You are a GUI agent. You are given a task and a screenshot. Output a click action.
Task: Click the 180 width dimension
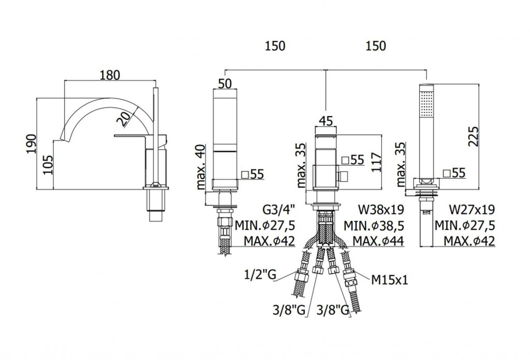pyautogui.click(x=110, y=75)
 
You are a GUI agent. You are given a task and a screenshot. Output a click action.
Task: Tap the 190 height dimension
pyautogui.click(x=31, y=143)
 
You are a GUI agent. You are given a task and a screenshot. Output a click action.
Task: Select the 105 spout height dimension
pyautogui.click(x=48, y=165)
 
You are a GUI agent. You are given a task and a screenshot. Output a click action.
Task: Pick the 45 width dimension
pyautogui.click(x=326, y=121)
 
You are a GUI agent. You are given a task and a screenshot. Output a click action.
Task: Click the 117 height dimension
pyautogui.click(x=376, y=163)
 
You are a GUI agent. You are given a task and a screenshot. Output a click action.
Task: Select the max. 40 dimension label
pyautogui.click(x=200, y=166)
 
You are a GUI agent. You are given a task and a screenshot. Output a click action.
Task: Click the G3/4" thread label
pyautogui.click(x=279, y=210)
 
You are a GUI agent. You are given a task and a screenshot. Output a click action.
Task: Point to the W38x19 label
pyautogui.click(x=381, y=210)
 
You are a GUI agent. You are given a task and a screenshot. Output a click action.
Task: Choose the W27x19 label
pyautogui.click(x=472, y=210)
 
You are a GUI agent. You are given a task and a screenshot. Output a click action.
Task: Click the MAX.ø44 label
pyautogui.click(x=378, y=241)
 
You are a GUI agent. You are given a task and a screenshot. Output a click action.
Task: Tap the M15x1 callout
pyautogui.click(x=390, y=280)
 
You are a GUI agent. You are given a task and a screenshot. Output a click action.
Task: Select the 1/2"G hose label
pyautogui.click(x=260, y=275)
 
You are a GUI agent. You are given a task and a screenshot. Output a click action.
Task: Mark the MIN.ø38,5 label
pyautogui.click(x=374, y=225)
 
